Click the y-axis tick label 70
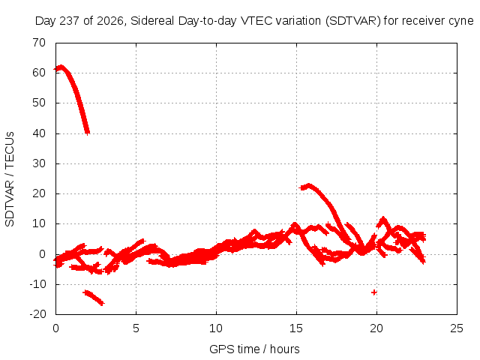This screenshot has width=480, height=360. click(x=39, y=43)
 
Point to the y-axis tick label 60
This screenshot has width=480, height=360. click(x=39, y=73)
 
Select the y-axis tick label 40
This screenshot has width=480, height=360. click(x=39, y=133)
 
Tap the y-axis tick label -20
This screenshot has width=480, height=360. click(x=37, y=314)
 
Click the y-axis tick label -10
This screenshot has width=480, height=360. click(x=37, y=284)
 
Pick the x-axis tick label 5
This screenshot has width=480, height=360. click(x=136, y=328)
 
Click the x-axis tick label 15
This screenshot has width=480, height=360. click(x=296, y=328)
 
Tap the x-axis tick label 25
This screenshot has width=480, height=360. click(x=457, y=328)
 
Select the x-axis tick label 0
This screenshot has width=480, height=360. click(x=55, y=328)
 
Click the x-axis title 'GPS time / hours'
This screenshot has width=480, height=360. click(x=254, y=349)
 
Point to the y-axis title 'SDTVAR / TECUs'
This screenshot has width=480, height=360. click(x=10, y=179)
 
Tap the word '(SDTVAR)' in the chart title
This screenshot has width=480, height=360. click(x=353, y=21)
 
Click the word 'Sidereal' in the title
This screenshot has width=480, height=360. click(x=152, y=21)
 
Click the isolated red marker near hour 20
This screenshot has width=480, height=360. click(x=373, y=292)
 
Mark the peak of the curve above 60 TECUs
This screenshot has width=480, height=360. click(x=61, y=67)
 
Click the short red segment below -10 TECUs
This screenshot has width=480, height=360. click(x=94, y=298)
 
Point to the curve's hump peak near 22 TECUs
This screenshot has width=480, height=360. click(x=308, y=185)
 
